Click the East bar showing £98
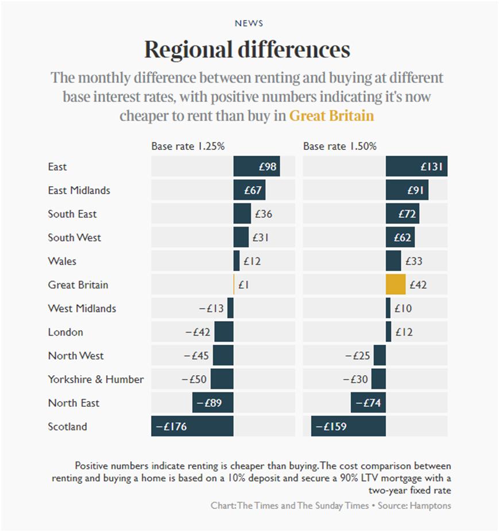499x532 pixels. (x=256, y=167)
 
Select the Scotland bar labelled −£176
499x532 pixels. (x=192, y=426)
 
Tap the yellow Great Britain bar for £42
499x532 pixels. (x=396, y=284)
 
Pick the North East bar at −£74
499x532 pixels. (x=368, y=403)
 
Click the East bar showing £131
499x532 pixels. (x=416, y=167)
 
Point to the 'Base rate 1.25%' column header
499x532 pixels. (x=188, y=147)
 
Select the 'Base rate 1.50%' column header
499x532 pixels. (x=340, y=147)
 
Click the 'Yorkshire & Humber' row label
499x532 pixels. (x=96, y=379)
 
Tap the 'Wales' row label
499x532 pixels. (x=62, y=261)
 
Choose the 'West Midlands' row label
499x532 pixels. (x=82, y=308)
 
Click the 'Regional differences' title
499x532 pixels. (x=247, y=50)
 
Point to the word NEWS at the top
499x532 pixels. (x=249, y=24)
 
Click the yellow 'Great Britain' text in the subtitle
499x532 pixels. (x=331, y=116)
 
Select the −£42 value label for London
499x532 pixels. (x=198, y=332)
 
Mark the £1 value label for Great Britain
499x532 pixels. (x=243, y=284)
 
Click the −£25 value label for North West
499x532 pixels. (x=358, y=356)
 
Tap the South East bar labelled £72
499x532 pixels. (x=403, y=214)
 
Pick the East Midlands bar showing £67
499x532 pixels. (x=249, y=190)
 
